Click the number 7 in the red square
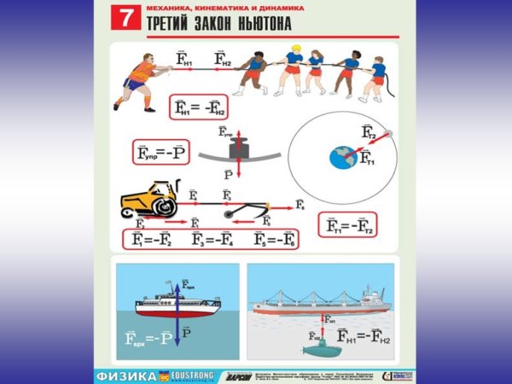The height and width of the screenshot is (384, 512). (x=125, y=19)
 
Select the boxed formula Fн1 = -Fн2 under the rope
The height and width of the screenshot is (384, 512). (x=198, y=107)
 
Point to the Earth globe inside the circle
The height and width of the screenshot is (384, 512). (x=341, y=156)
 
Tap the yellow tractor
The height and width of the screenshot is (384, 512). (x=148, y=201)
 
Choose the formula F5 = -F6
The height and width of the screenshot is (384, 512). (x=275, y=238)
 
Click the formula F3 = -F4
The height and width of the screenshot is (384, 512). (x=215, y=238)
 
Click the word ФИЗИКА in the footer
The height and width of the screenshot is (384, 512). (x=123, y=375)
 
